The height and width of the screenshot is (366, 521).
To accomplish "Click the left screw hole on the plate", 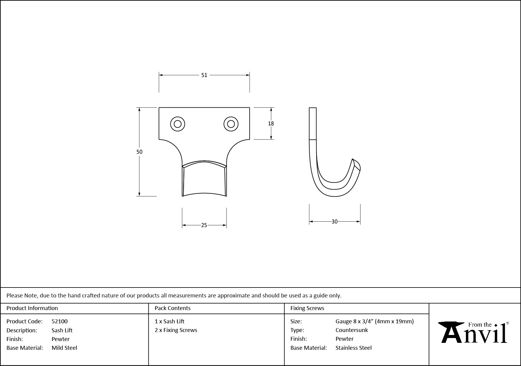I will point(177,124).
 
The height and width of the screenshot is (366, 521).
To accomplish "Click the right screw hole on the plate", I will point(231,124).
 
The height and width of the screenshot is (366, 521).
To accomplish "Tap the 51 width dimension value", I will point(204,75).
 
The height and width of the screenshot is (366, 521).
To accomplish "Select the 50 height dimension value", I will point(139,152).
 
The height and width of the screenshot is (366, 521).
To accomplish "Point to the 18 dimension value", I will point(271,124).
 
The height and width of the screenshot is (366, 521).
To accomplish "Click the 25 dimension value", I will point(204,225).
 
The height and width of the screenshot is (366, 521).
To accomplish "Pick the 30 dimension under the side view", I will point(334,222).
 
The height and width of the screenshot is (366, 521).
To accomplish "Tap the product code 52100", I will point(60,321).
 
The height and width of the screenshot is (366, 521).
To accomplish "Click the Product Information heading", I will point(32,308).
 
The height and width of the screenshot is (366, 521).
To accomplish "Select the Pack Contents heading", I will point(173,308).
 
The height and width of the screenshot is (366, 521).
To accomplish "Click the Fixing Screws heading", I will point(307,308).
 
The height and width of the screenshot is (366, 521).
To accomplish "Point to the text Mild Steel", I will point(64,348).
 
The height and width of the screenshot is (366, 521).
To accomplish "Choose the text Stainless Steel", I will point(354,348).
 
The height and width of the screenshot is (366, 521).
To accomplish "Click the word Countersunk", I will point(352,330).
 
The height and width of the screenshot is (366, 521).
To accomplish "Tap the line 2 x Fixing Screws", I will point(176,330).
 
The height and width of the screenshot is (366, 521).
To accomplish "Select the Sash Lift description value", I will point(62,330).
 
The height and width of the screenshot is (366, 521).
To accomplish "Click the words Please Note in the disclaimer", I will point(22,295).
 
